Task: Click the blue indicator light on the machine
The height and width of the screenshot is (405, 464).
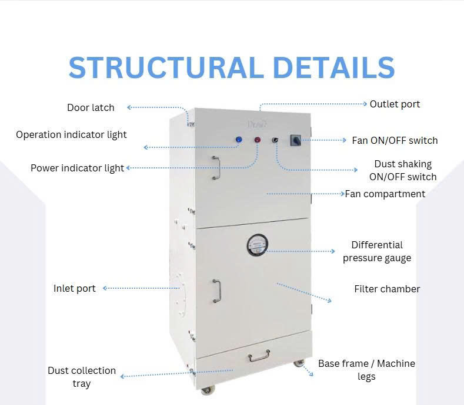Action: (239, 140)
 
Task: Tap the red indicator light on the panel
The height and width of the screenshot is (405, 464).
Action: (258, 140)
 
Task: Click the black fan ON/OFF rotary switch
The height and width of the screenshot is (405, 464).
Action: (296, 140)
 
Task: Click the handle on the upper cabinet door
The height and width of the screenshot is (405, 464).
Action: (216, 167)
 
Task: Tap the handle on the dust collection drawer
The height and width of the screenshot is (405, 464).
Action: (259, 356)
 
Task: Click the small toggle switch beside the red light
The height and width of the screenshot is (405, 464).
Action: (275, 140)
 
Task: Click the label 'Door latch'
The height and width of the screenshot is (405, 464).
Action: (91, 107)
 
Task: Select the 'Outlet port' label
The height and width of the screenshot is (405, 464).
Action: (395, 104)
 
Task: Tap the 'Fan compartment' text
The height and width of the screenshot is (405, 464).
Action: (385, 194)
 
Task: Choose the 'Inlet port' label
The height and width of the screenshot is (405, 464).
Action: (74, 288)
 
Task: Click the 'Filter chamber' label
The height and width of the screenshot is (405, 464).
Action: (387, 289)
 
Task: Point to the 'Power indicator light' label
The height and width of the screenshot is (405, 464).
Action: (77, 168)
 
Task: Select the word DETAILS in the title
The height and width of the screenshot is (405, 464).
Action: (334, 67)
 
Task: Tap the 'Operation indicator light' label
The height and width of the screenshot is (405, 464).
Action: (71, 134)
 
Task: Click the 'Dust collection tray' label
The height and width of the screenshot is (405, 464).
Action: (82, 377)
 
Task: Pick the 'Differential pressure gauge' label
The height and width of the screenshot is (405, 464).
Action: (377, 251)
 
